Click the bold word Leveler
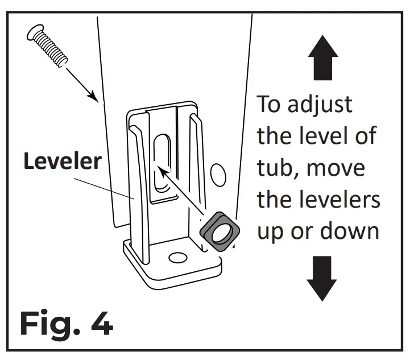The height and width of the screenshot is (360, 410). (x=63, y=162)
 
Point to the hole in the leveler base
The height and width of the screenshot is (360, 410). (x=178, y=258)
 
